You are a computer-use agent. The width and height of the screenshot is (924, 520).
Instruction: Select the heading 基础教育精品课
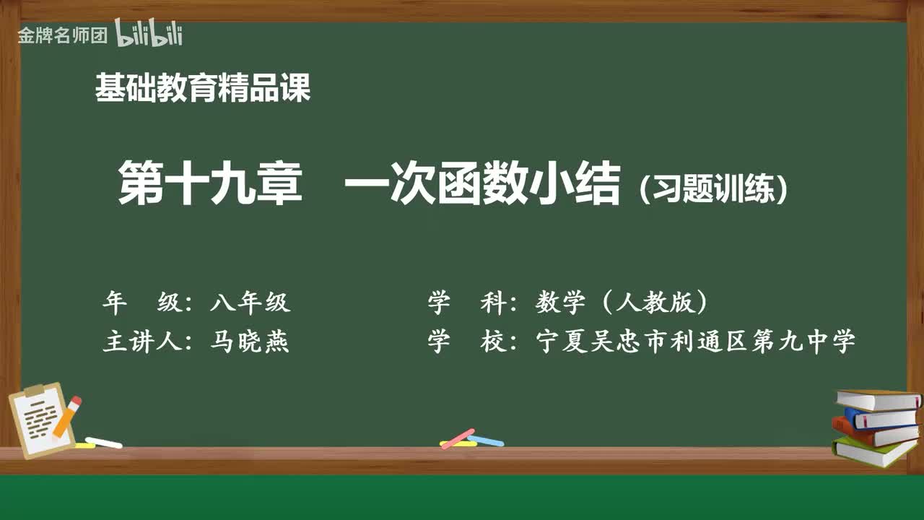tap(203, 89)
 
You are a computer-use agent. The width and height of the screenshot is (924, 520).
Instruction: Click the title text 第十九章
tap(210, 184)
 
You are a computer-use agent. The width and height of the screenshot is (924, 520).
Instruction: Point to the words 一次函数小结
tap(482, 184)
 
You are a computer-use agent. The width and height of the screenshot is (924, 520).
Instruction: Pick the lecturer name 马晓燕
tap(250, 341)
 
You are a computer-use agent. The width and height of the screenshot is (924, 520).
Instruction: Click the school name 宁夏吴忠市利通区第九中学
tap(695, 341)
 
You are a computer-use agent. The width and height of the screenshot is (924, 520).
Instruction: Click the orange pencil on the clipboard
tap(67, 417)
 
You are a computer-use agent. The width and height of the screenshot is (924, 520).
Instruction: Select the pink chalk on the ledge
tap(457, 438)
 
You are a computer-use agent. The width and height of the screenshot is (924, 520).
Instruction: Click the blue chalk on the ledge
tap(486, 441)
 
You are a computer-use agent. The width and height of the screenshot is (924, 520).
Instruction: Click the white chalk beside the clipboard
tap(103, 442)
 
